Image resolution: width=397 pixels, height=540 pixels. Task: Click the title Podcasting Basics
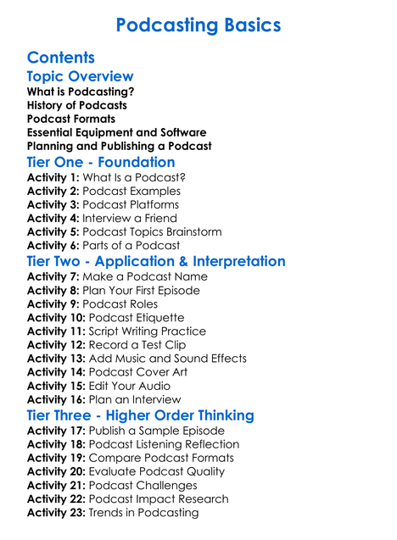(x=198, y=25)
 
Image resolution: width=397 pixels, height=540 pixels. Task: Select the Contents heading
(x=60, y=58)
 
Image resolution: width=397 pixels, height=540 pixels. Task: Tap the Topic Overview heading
(x=80, y=76)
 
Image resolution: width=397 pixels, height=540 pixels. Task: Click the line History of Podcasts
(x=77, y=105)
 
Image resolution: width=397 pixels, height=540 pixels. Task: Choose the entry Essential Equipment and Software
(x=116, y=132)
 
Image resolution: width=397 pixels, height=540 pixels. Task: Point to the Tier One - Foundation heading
(x=101, y=162)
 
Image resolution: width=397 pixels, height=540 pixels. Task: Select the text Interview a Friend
(x=131, y=218)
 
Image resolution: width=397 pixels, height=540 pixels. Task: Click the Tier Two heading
(x=156, y=260)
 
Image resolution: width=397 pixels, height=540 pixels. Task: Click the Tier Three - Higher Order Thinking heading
(x=140, y=415)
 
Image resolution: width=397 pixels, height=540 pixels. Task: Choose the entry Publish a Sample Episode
(x=162, y=431)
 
